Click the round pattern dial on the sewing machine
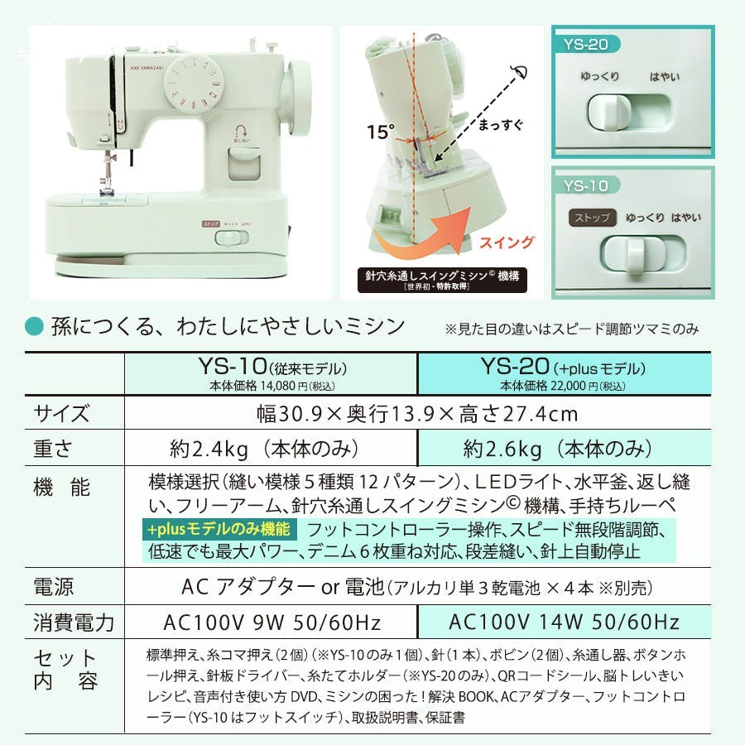194,84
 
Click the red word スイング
507,243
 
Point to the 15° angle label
381,132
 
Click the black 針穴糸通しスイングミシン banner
442,280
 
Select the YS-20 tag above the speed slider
586,44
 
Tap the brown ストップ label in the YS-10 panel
592,218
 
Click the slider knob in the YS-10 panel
635,257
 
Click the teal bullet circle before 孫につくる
34,326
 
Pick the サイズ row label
61,413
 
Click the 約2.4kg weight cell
264,449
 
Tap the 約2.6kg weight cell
558,449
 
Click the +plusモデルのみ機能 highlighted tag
219,529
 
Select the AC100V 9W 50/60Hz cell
272,622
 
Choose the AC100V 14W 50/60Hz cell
564,622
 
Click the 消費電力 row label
74,622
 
